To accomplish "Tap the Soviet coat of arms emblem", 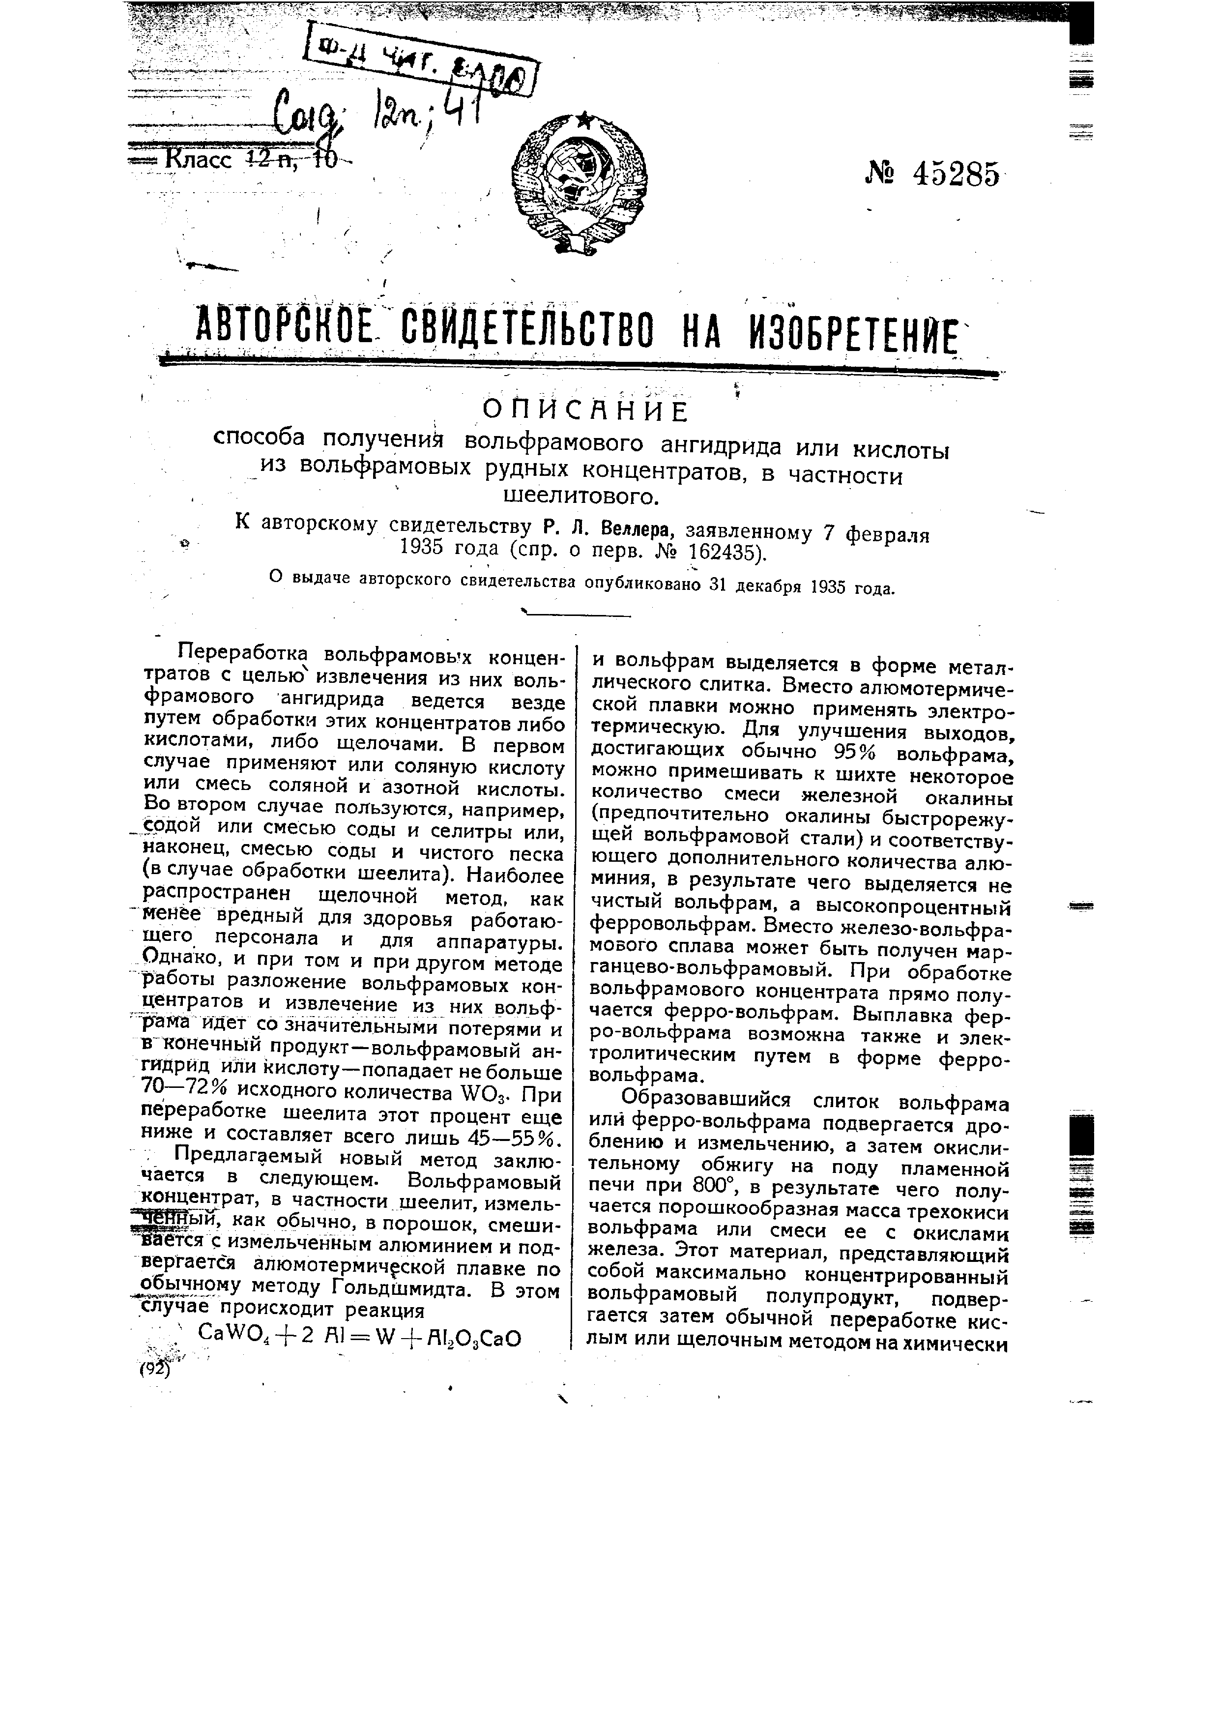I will [580, 182].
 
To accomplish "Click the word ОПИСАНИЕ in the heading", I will [585, 411].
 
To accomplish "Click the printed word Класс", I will [199, 160].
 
